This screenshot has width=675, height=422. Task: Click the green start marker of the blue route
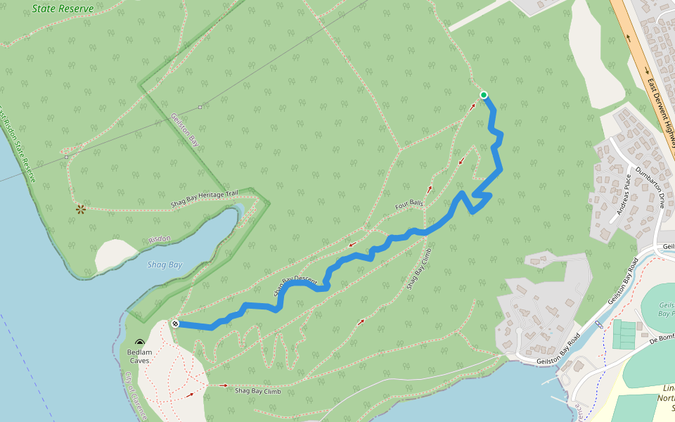[x=484, y=95]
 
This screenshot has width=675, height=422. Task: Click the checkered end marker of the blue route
[x=174, y=324]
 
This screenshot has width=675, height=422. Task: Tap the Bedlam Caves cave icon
[x=139, y=341]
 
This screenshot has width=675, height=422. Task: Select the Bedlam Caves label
[x=139, y=356]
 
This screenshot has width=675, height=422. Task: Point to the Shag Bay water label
[x=165, y=265]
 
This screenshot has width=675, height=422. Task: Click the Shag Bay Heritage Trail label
[x=205, y=200]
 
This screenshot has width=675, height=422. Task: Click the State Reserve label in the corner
[x=63, y=9]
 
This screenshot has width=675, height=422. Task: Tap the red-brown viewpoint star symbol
[x=81, y=209]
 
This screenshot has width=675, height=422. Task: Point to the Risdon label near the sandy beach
[x=160, y=239]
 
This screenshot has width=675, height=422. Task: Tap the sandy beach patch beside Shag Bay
[x=114, y=255]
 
